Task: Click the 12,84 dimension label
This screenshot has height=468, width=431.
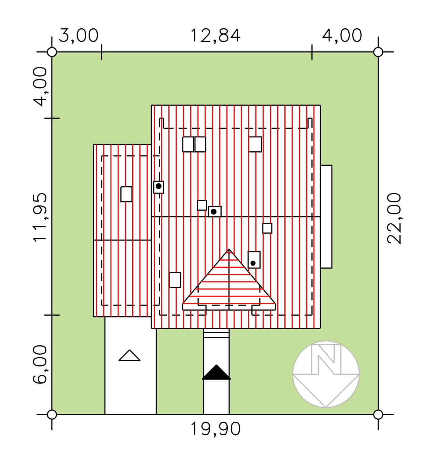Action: (x=215, y=36)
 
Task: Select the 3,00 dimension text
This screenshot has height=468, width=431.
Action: (x=79, y=36)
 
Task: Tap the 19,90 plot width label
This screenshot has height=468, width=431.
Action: (x=215, y=428)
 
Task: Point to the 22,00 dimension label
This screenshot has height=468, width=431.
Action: (x=394, y=219)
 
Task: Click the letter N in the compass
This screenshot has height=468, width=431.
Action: (x=326, y=359)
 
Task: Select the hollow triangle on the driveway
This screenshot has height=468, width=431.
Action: (x=129, y=355)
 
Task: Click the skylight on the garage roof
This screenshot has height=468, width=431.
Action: (x=126, y=194)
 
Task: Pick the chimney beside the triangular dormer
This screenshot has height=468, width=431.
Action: (x=254, y=260)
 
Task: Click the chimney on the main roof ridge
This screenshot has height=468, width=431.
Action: (x=214, y=212)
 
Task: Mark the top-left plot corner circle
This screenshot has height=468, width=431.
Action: (x=52, y=52)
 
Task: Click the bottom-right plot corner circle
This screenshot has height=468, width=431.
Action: (x=378, y=414)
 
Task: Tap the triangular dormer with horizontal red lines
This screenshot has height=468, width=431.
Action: (x=229, y=280)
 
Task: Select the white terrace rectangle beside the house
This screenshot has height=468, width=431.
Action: (x=326, y=217)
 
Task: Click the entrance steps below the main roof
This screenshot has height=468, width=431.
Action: (x=216, y=333)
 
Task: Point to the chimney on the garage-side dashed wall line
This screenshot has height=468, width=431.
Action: (x=159, y=187)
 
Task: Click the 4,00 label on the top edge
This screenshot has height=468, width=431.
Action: (x=342, y=36)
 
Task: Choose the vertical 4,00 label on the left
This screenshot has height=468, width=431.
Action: (x=40, y=87)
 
